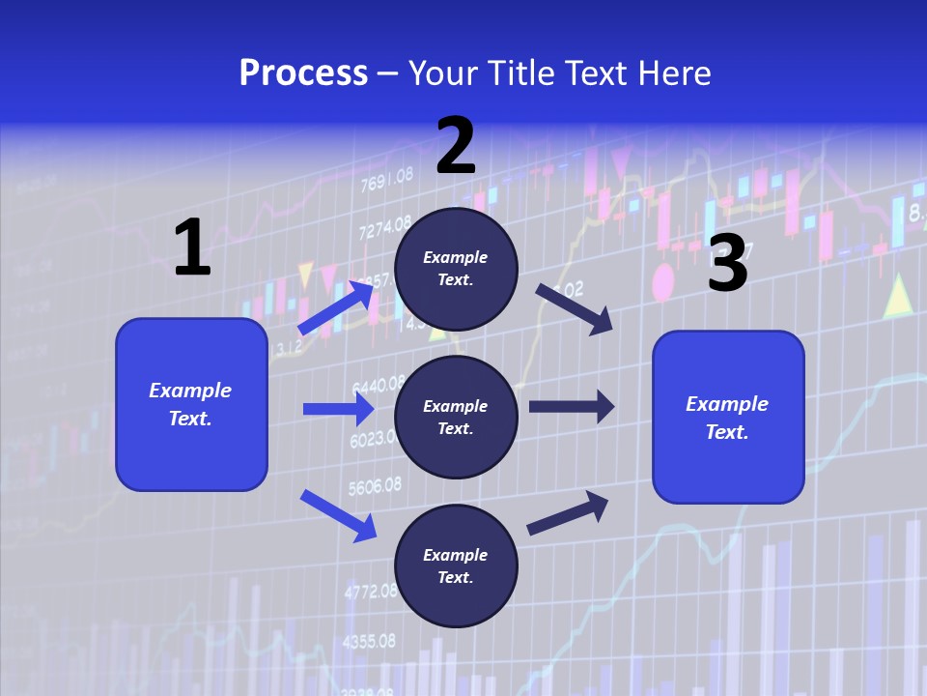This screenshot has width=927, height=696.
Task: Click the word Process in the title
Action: [303, 72]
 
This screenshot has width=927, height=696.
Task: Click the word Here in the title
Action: [674, 72]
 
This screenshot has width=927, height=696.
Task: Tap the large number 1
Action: [192, 247]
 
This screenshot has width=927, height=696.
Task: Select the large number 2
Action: [456, 146]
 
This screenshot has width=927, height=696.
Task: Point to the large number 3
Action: [727, 263]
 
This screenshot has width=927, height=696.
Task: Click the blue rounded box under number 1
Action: [191, 404]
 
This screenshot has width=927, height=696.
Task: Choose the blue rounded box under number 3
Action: [728, 418]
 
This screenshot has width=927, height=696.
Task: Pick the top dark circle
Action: [456, 269]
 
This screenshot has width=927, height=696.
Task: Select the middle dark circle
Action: [456, 418]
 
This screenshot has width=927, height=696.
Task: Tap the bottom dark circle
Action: [456, 565]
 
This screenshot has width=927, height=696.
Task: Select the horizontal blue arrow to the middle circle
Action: [338, 409]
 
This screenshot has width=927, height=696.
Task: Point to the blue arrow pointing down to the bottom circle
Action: [338, 515]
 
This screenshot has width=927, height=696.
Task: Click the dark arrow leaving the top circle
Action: [576, 309]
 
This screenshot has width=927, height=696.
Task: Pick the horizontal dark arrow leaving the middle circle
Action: [572, 407]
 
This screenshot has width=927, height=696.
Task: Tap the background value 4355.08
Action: [370, 641]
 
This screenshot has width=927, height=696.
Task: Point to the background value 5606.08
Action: [374, 485]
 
